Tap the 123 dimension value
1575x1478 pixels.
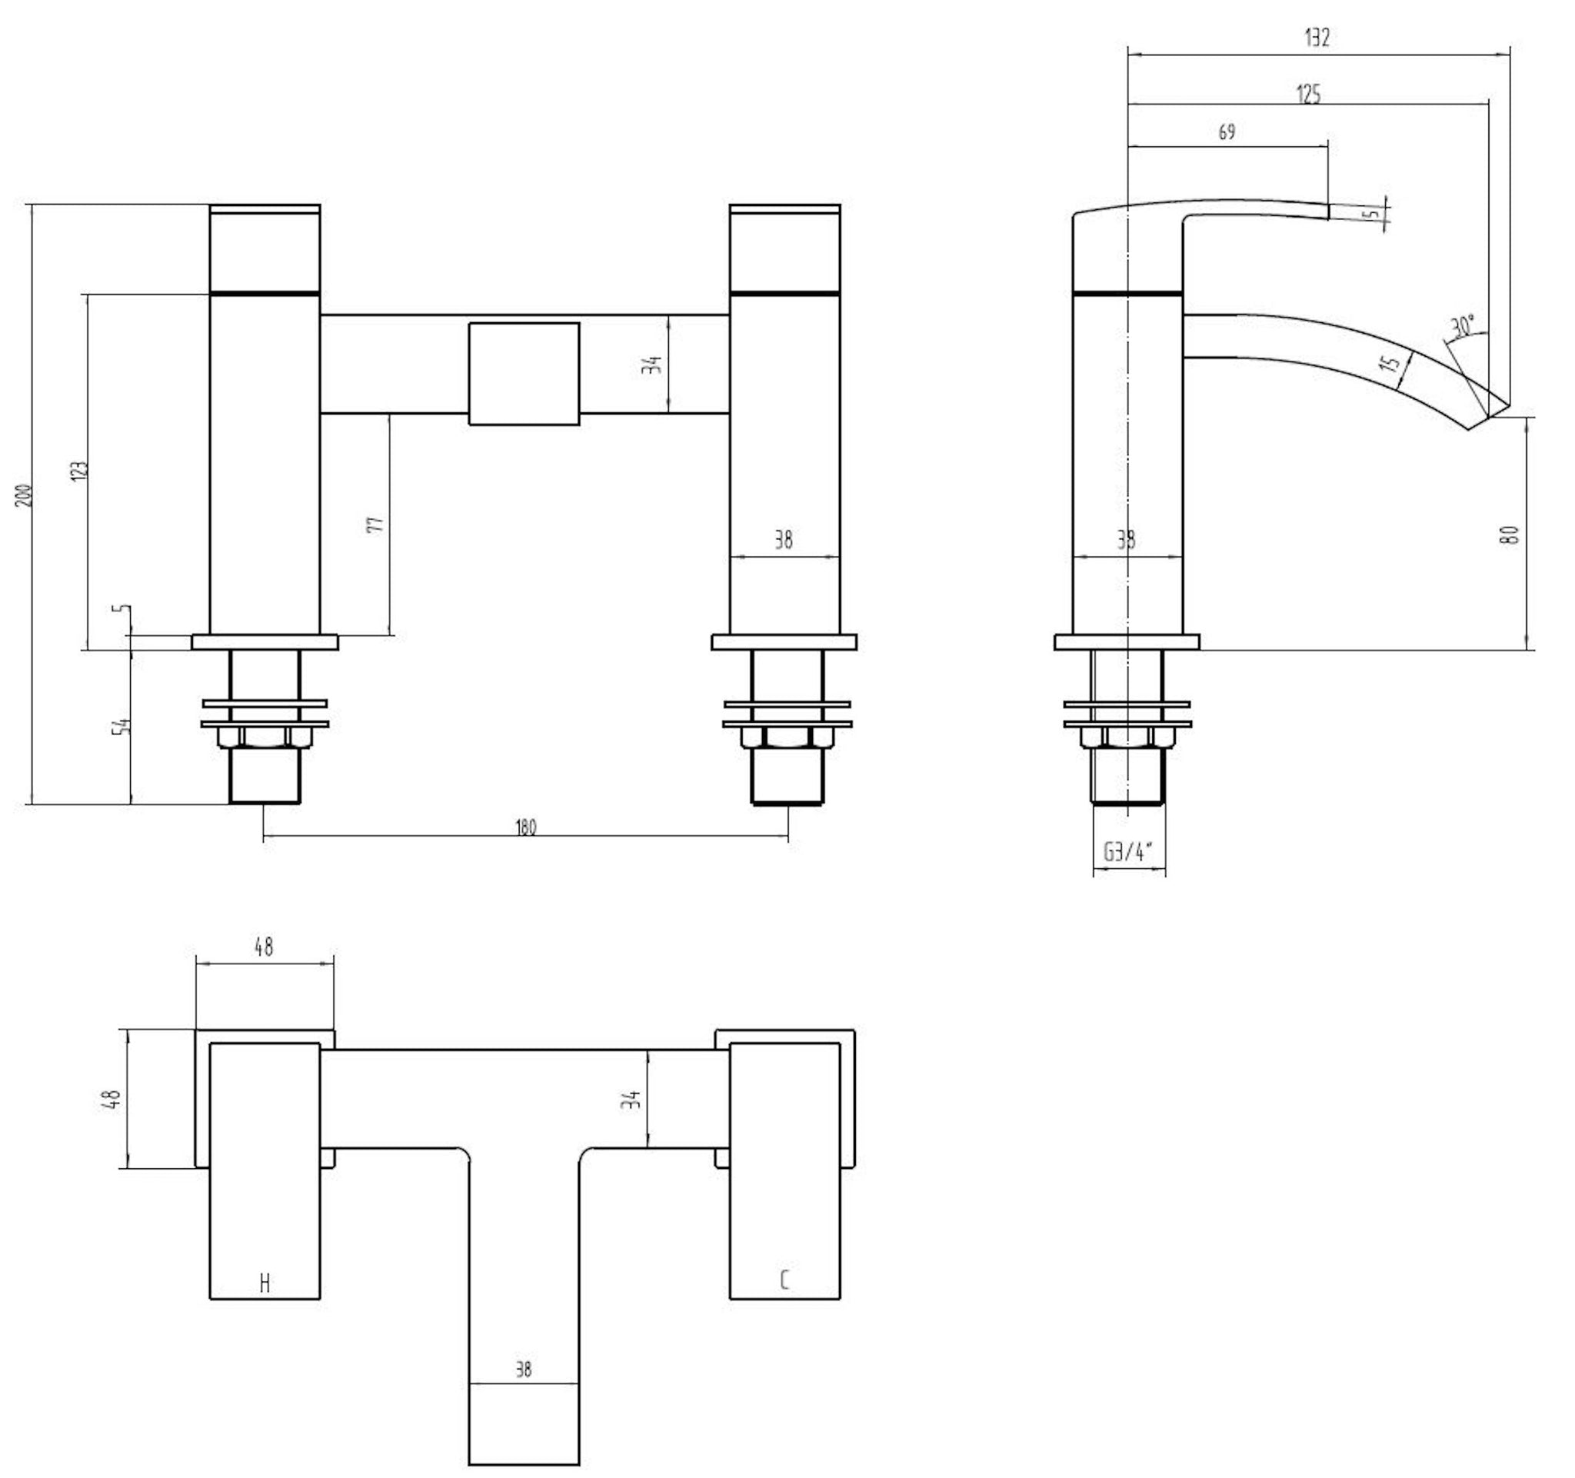(80, 470)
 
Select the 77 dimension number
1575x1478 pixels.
(376, 524)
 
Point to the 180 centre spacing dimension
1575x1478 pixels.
(525, 827)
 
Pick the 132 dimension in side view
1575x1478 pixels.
(1317, 37)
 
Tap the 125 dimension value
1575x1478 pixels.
(1308, 95)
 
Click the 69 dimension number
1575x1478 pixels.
(1227, 131)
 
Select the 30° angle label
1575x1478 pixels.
(1463, 325)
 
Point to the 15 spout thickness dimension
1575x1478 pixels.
(1390, 363)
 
